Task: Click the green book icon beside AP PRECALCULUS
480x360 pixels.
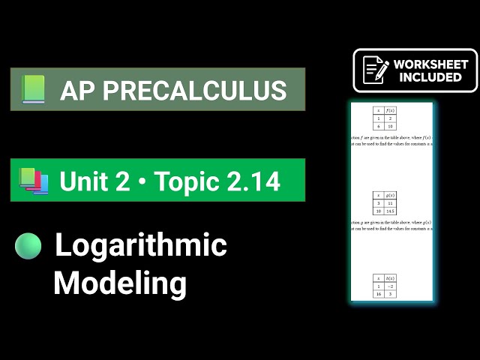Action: click(34, 90)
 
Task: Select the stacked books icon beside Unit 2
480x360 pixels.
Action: click(34, 181)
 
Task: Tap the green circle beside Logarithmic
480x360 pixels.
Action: click(28, 246)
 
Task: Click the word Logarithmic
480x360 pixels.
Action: click(141, 246)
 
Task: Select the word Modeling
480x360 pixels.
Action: click(120, 283)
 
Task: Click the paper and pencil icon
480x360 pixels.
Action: click(375, 70)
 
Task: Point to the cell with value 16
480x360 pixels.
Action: click(379, 295)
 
